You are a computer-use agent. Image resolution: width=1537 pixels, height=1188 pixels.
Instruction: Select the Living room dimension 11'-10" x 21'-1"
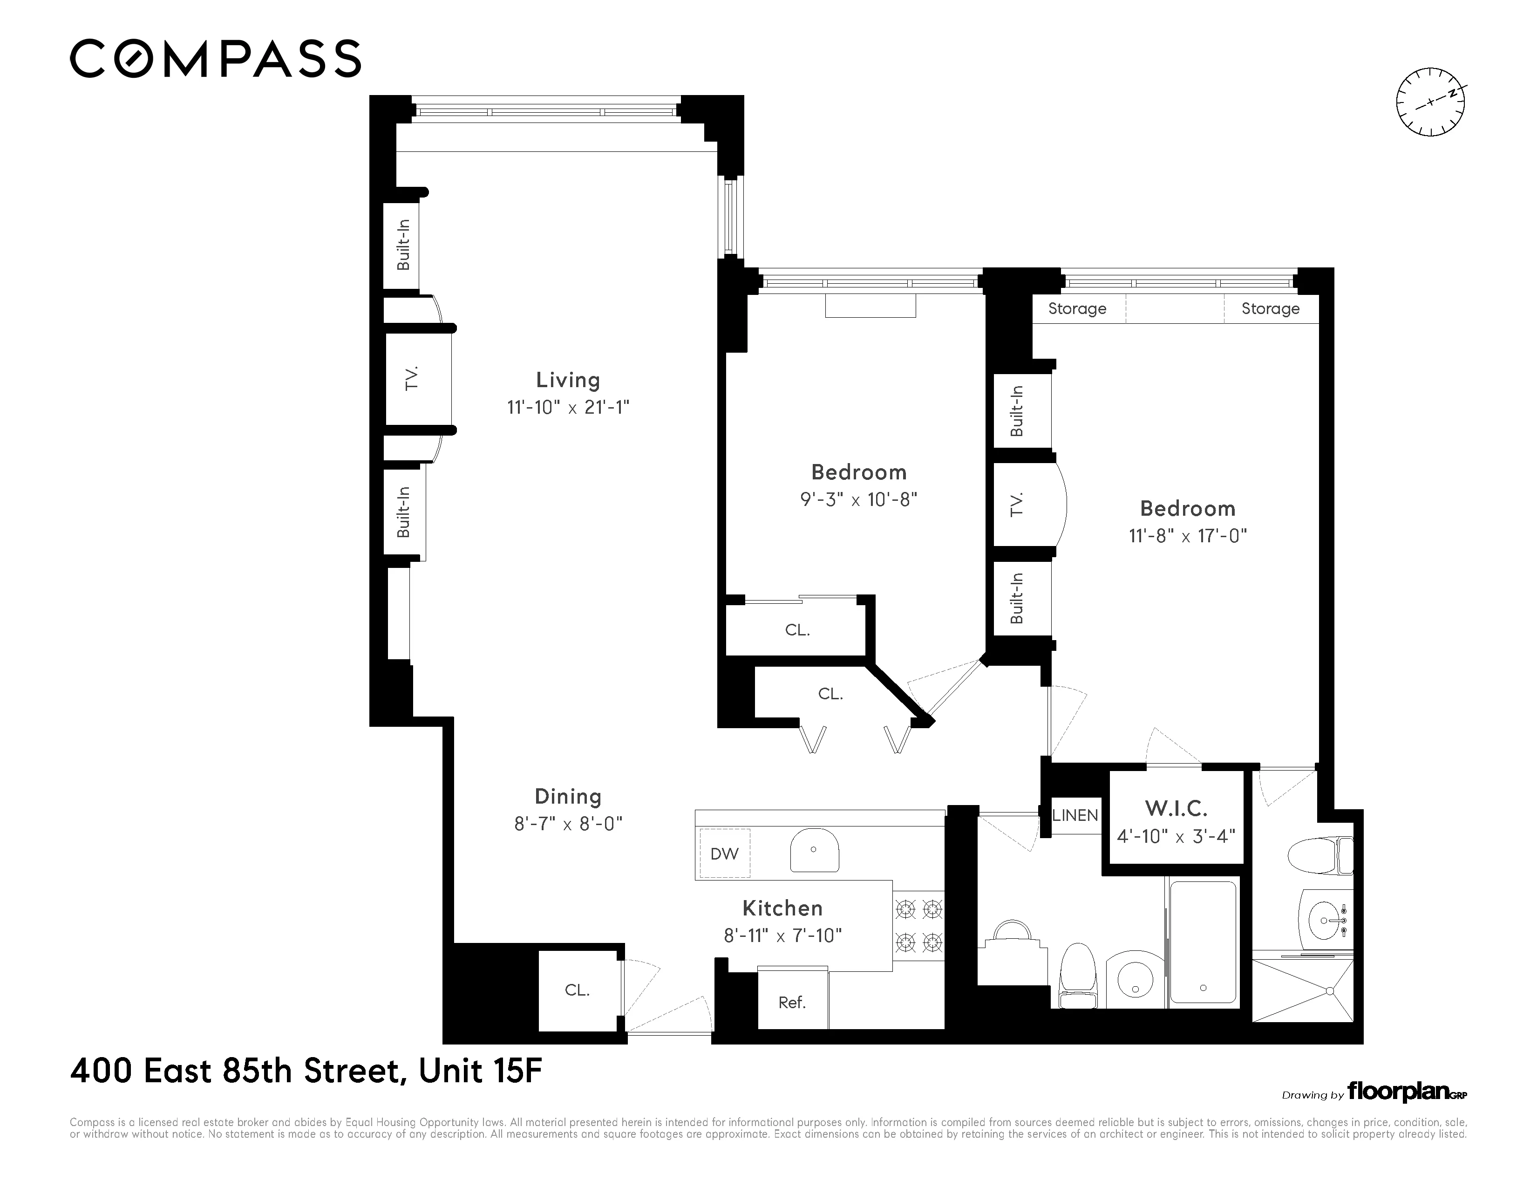[568, 408]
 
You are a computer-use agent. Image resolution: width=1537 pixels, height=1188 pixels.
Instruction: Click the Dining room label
[568, 797]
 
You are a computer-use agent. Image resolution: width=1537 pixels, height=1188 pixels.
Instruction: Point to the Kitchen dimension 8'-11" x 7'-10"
[782, 935]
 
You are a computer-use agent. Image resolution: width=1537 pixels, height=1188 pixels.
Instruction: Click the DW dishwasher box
[724, 853]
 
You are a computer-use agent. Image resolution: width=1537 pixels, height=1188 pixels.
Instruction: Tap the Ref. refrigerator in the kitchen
[792, 1002]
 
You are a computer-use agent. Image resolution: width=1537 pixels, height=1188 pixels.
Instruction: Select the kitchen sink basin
[814, 850]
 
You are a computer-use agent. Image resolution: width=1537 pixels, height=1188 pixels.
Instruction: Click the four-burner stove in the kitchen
[918, 926]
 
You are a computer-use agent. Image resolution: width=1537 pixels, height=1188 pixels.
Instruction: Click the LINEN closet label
[1075, 815]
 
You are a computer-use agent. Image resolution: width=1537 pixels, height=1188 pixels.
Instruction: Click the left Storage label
[1077, 309]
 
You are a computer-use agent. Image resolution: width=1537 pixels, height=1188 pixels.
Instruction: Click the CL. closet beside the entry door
[577, 990]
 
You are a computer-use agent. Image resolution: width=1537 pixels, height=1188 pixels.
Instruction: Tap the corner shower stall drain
[1330, 991]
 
